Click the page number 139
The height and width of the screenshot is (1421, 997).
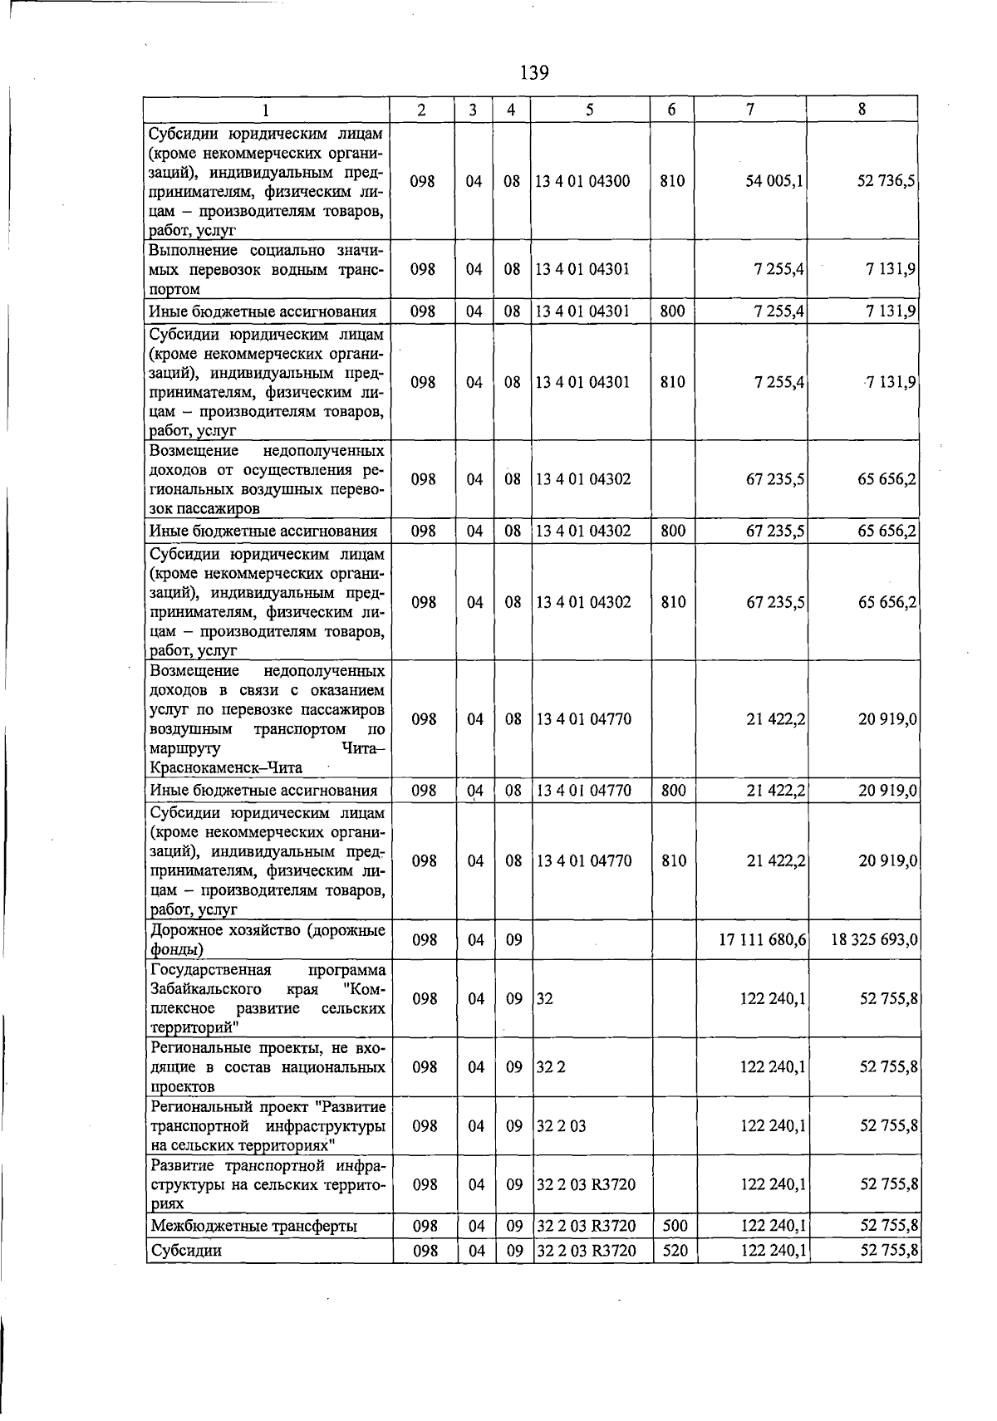534,73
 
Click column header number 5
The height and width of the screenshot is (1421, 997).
589,109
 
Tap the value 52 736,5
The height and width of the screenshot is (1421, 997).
886,181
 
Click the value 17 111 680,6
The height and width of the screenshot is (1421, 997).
762,939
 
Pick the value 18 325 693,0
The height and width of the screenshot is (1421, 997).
874,939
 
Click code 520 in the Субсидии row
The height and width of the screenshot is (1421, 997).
675,1250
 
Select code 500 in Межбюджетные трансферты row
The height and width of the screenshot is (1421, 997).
675,1225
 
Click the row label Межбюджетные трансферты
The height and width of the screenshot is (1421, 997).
254,1226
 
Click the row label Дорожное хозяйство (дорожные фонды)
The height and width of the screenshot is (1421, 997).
267,939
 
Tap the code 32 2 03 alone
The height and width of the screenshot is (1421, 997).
561,1126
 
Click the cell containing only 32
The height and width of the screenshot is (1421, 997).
544,999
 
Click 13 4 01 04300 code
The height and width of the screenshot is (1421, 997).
582,181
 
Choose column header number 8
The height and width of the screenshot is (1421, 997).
862,109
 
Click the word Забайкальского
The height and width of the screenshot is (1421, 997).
205,989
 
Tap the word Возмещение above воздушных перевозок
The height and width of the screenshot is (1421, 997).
194,450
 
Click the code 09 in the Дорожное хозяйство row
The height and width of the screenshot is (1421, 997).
513,939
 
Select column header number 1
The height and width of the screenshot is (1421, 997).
266,109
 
